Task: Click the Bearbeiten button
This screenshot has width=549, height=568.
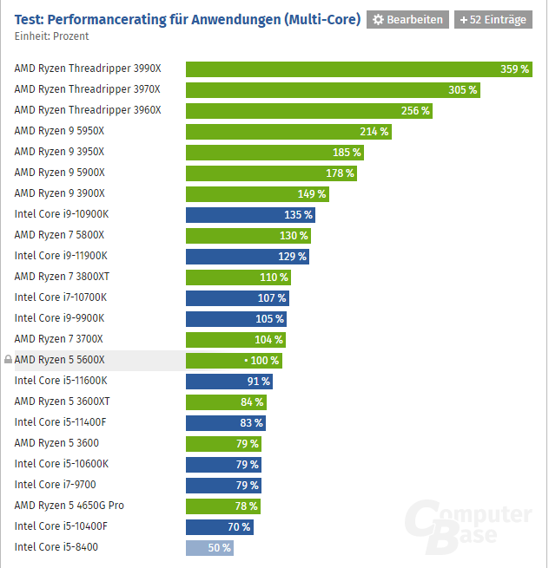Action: [x=407, y=19]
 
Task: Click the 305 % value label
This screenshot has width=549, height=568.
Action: [x=462, y=90]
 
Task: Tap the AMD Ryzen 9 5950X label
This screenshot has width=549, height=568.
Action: [x=59, y=131]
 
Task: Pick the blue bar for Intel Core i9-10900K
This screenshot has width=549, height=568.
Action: [x=250, y=215]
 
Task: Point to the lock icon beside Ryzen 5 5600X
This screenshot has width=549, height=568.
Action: [x=8, y=360]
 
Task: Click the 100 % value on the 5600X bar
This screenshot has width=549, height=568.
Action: [x=264, y=361]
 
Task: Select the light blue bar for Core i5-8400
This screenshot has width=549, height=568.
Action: [x=209, y=548]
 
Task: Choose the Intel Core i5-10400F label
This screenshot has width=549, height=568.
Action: [x=61, y=526]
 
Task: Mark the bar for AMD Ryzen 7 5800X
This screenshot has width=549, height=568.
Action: [x=248, y=236]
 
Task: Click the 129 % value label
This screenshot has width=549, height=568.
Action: [x=291, y=257]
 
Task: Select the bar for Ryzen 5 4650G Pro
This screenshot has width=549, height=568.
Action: [x=222, y=506]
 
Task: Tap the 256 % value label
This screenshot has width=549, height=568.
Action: [x=414, y=111]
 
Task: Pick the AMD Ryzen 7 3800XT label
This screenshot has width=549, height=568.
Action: [x=62, y=277]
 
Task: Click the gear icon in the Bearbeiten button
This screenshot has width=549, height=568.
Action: [x=379, y=19]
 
